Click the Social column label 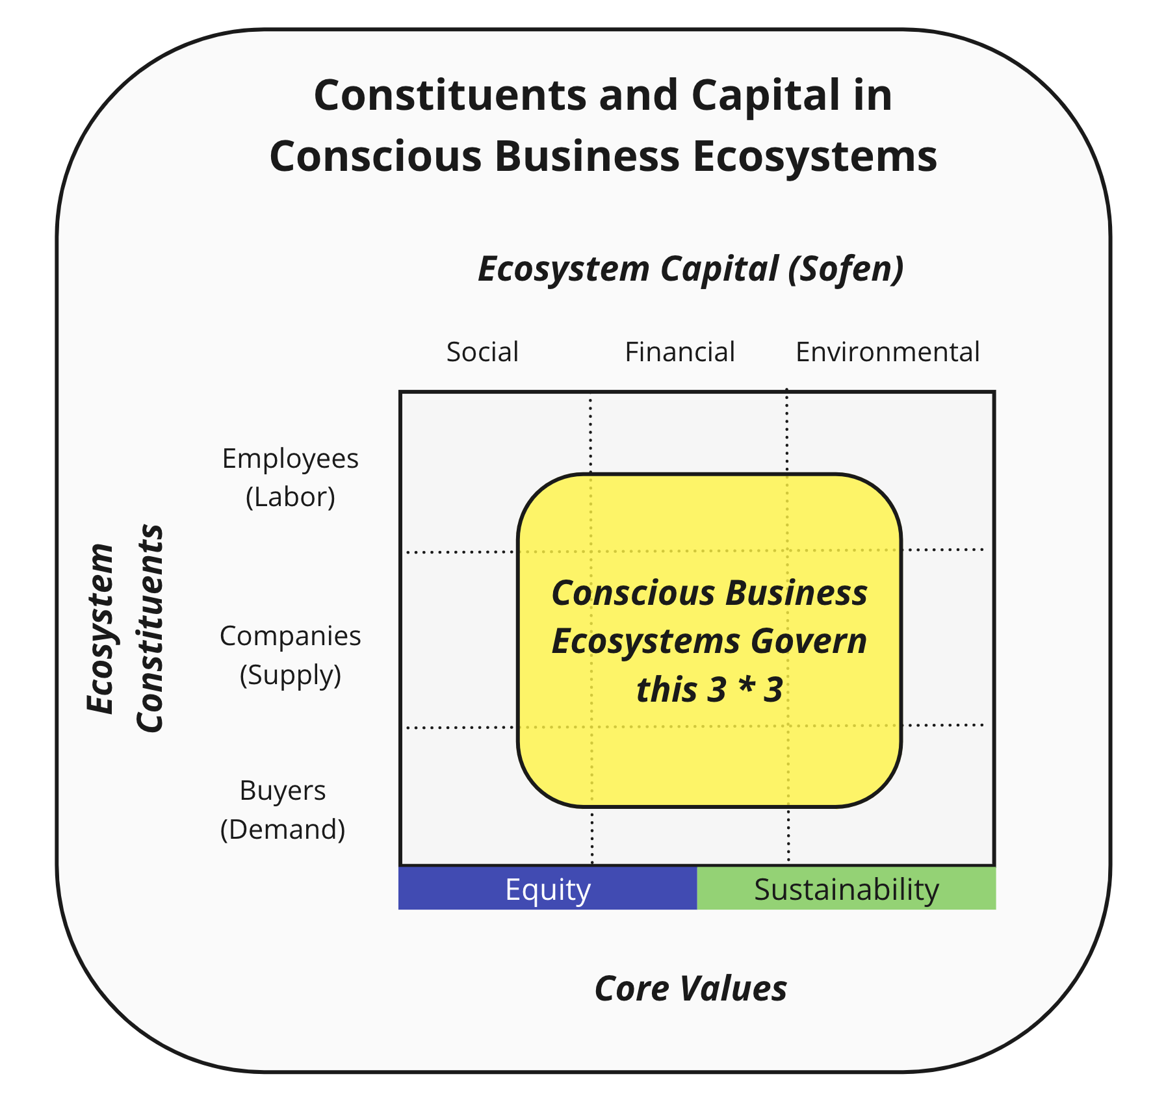482,352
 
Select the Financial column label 679,352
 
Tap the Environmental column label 887,352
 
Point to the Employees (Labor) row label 290,478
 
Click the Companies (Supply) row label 290,655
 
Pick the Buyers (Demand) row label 283,810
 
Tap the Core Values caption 690,989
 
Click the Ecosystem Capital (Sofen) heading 690,269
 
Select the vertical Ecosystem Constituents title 125,628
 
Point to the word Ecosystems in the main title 815,157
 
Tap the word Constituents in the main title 450,96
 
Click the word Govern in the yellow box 809,641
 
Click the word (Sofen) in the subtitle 846,269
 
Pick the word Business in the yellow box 796,593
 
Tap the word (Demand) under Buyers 283,830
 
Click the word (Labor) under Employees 290,497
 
